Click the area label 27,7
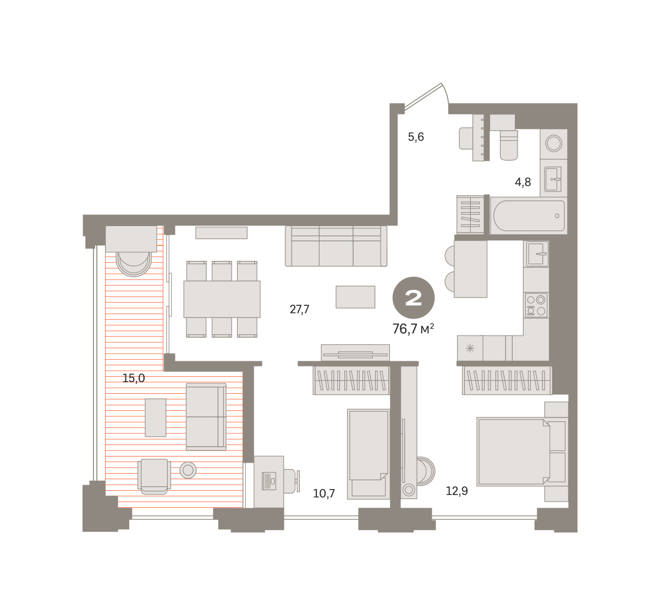pos(299,310)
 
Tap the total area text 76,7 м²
pos(413,329)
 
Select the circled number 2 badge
pos(414,298)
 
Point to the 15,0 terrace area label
pos(134,378)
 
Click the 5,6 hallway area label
pos(416,137)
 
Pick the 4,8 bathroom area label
pos(522,182)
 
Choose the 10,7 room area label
pos(324,493)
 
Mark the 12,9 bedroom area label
pos(457,491)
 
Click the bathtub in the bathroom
pos(529,216)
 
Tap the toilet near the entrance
pos(509,145)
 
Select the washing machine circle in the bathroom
pos(554,144)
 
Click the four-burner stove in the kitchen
pos(536,305)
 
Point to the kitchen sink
pos(536,254)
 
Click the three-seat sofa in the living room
pos(336,246)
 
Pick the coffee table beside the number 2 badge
pos(355,297)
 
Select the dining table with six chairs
pos(222,299)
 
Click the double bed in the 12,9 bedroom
pos(522,452)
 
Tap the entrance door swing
pos(427,96)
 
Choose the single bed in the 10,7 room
pos(368,454)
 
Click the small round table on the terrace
pos(188,470)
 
